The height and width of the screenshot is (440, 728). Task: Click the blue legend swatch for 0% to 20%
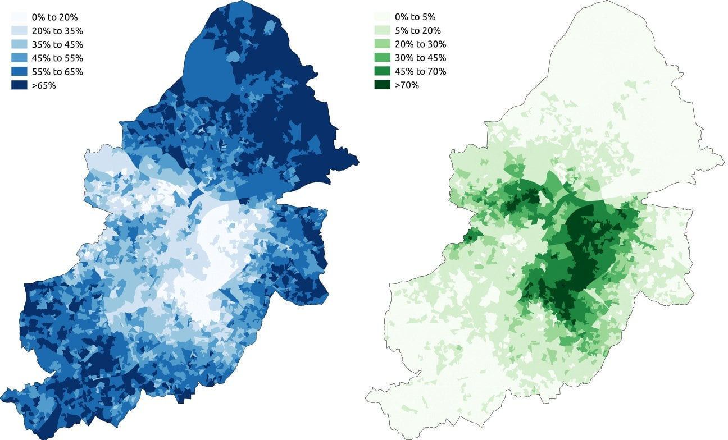(x=19, y=17)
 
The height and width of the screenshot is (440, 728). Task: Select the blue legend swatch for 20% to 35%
(x=19, y=31)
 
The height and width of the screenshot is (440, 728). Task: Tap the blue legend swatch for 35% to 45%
(x=19, y=44)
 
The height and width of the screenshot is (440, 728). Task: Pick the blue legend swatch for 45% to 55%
(x=19, y=58)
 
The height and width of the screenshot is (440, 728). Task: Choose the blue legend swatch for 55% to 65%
(x=19, y=72)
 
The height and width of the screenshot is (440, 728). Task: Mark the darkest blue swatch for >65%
(x=19, y=85)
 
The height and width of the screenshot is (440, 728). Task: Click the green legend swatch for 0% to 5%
(x=382, y=17)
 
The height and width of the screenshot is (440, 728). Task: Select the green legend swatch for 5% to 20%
(x=382, y=30)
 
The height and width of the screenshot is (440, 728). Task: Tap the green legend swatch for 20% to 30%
(x=382, y=44)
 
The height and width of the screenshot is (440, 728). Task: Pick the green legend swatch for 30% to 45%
(x=382, y=58)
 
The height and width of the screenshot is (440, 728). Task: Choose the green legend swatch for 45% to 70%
(x=382, y=71)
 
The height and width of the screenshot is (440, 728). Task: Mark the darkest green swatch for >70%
(x=382, y=85)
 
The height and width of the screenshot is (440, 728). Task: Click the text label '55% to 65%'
(x=57, y=72)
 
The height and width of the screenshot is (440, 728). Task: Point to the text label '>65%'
(x=44, y=85)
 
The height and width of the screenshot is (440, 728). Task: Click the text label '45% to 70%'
(x=421, y=71)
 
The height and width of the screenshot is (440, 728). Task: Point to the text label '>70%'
(x=407, y=85)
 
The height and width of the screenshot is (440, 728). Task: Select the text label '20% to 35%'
(x=57, y=31)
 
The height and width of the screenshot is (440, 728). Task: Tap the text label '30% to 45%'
(x=421, y=58)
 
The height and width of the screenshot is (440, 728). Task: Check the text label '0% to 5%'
(x=415, y=17)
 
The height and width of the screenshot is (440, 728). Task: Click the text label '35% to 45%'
(x=57, y=44)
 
